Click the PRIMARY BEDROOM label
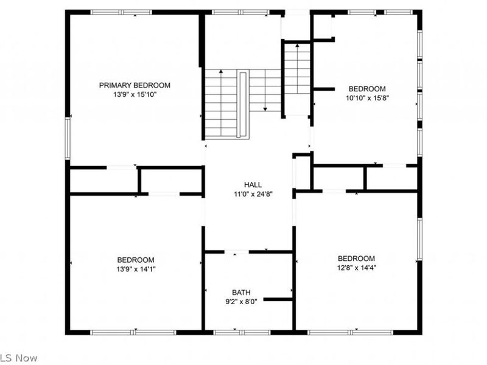coord(135,85)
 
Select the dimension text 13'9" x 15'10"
coord(135,94)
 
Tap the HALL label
coord(253,184)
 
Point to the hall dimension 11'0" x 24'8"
coord(253,193)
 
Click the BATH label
coord(241,292)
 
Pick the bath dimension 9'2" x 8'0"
coord(241,301)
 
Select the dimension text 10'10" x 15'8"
coord(366,97)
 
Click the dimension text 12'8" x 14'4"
coord(356,268)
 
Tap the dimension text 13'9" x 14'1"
coord(135,269)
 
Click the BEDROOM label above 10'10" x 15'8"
coord(366,88)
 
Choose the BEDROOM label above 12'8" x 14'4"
coord(356,259)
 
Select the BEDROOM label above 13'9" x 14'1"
coord(135,260)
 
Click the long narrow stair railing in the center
coord(243,104)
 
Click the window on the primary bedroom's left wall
coord(68,139)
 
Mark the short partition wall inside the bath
coord(278,299)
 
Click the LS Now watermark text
coord(18,357)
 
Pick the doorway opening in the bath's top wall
coord(237,251)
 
